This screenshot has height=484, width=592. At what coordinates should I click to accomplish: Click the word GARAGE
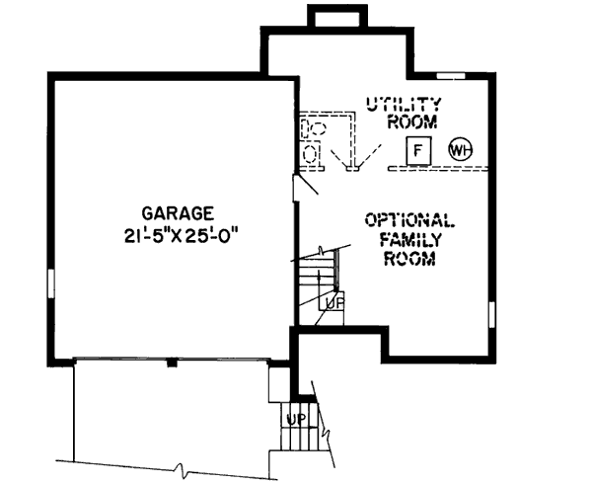coord(178,211)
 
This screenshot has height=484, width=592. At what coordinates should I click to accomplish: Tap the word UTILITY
coord(403,104)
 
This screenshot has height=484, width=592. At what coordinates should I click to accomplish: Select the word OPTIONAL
coord(408,220)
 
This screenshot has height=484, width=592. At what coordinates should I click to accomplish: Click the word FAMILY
coord(408,239)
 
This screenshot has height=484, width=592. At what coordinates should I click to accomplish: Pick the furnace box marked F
coord(418,151)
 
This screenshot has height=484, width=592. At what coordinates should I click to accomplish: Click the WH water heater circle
coord(460,150)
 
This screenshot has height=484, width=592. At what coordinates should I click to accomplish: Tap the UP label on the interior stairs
coord(333,304)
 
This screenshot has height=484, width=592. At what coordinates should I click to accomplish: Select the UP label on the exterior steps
coord(294,417)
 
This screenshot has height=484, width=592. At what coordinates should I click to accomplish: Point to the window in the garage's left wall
coord(49,285)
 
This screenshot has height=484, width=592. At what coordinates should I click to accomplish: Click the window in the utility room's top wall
coord(451,75)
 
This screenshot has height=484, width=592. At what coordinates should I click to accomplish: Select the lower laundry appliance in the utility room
coord(309,154)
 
